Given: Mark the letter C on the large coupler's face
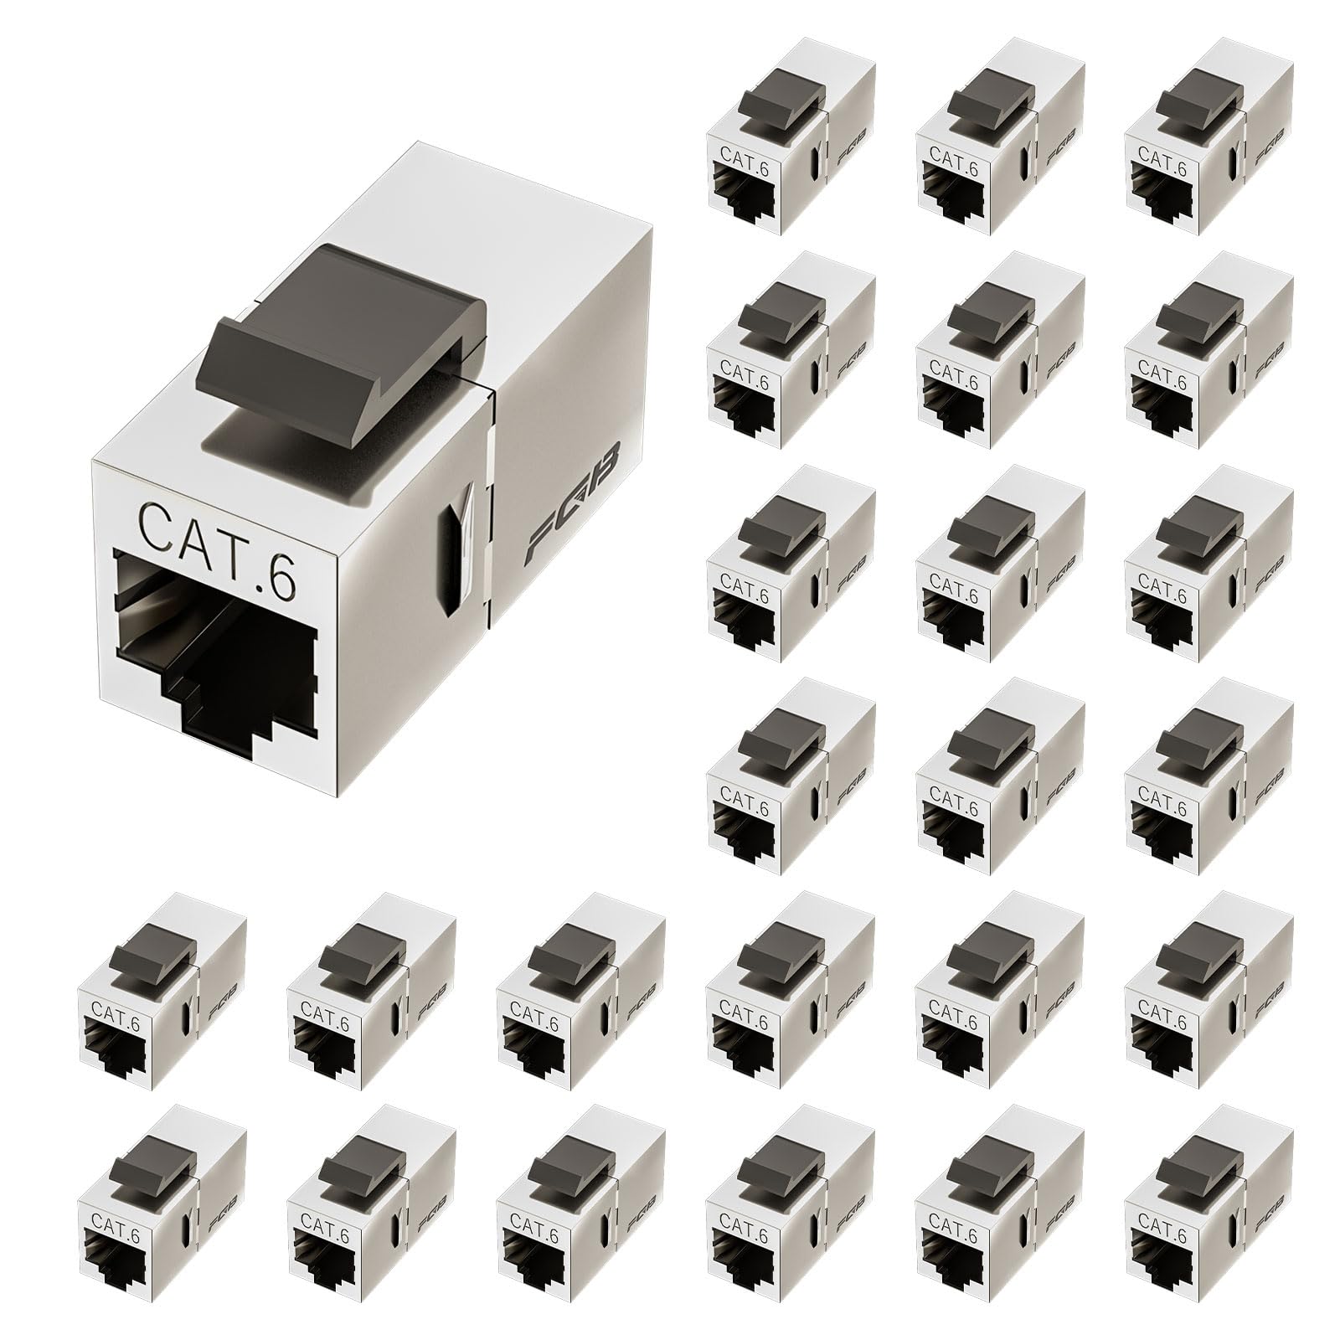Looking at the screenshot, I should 157,523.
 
